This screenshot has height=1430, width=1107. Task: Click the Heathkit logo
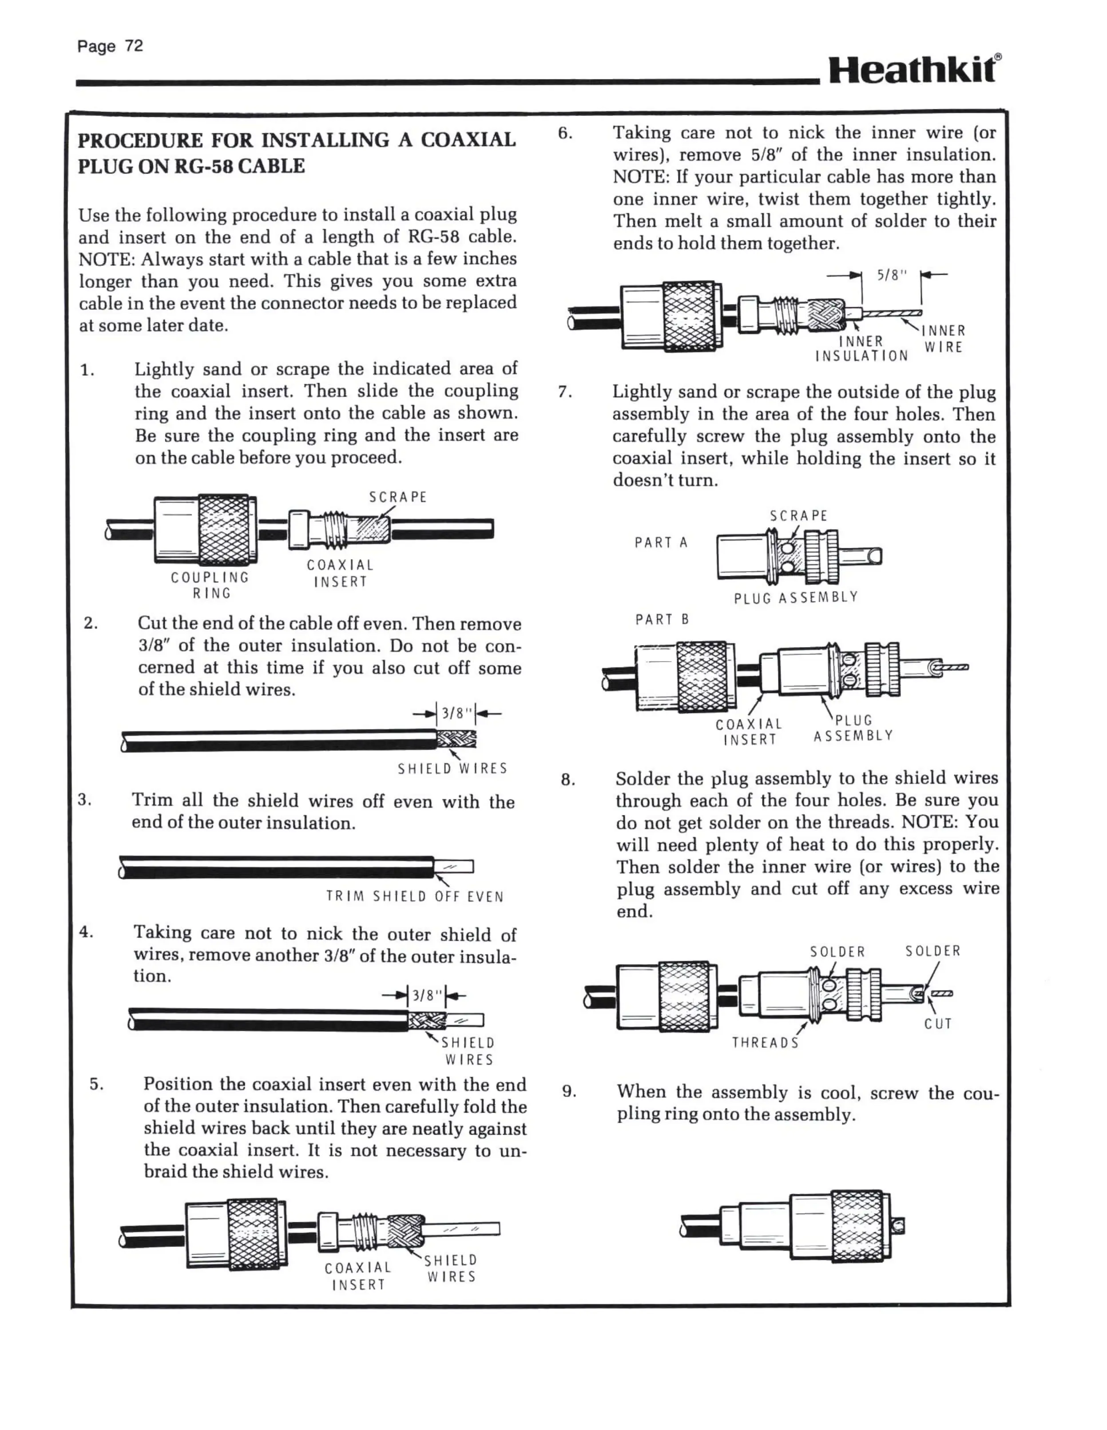[914, 69]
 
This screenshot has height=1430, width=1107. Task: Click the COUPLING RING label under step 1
[210, 585]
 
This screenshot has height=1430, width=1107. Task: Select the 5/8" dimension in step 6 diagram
[892, 276]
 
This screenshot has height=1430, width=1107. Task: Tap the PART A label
[661, 543]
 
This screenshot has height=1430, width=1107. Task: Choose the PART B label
[662, 619]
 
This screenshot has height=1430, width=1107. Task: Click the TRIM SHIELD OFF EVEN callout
[415, 896]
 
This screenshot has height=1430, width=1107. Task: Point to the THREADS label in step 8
[765, 1042]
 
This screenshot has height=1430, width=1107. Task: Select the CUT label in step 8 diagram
[938, 1023]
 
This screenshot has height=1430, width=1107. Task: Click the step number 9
[569, 1092]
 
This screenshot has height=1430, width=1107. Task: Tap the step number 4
[86, 932]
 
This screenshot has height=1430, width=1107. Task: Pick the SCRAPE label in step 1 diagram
[397, 498]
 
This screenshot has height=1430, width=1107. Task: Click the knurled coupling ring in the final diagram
[861, 1226]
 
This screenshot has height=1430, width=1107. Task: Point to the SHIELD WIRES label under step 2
[452, 768]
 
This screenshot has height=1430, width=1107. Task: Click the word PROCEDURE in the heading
[141, 141]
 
